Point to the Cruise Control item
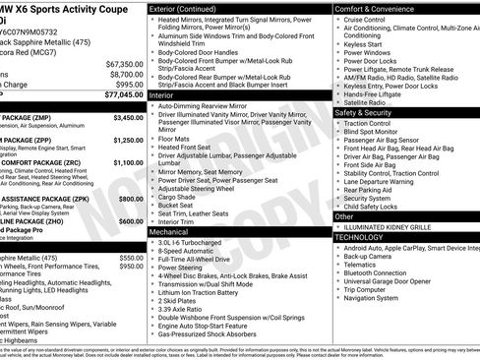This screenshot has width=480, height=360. pyautogui.click(x=365, y=20)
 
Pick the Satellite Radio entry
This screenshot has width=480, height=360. pyautogui.click(x=365, y=101)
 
